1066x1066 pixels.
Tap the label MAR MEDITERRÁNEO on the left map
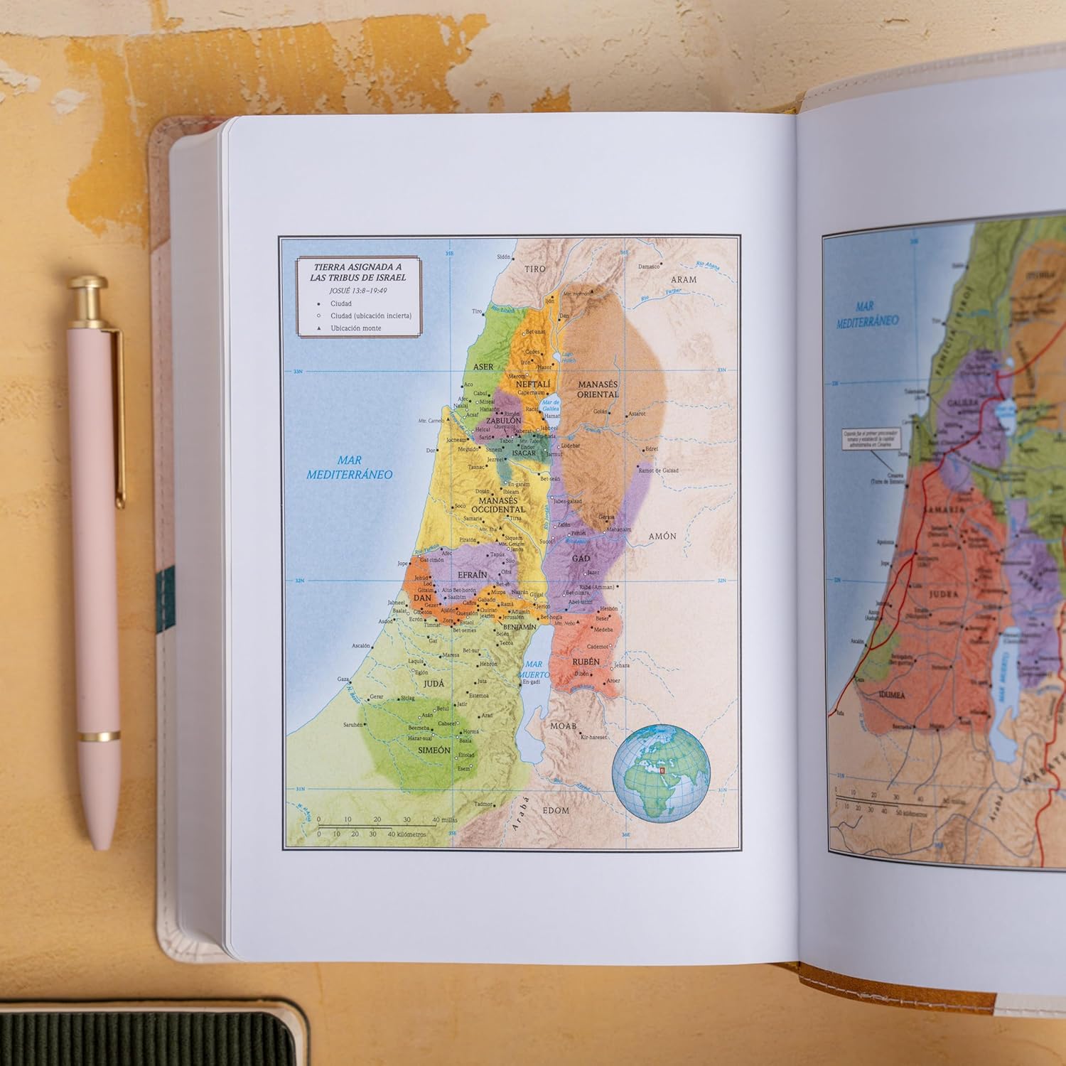pyautogui.click(x=349, y=468)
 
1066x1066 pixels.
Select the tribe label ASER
pyautogui.click(x=483, y=367)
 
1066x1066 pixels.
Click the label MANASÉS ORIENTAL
pyautogui.click(x=597, y=389)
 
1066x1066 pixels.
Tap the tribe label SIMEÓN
pyautogui.click(x=434, y=750)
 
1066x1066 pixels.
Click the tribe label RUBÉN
pyautogui.click(x=586, y=662)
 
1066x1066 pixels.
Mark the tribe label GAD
pyautogui.click(x=581, y=559)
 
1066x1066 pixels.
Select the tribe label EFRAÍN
pyautogui.click(x=472, y=574)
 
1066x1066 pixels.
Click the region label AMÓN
pyautogui.click(x=662, y=536)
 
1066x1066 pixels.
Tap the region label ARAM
pyautogui.click(x=683, y=279)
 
